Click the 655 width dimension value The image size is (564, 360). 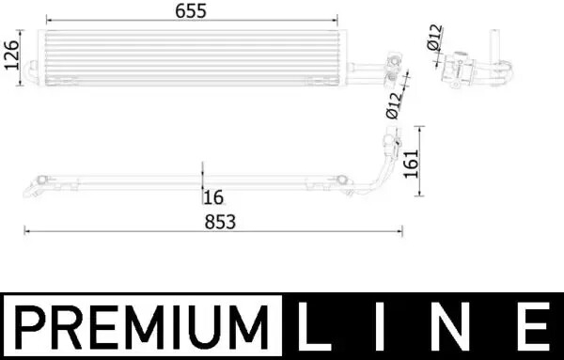click(x=191, y=11)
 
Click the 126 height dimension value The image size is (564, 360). click(x=11, y=55)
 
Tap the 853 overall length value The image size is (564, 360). click(x=220, y=222)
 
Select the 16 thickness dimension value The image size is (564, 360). click(x=213, y=197)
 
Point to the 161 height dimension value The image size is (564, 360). click(x=411, y=164)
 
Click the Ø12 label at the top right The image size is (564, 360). click(x=434, y=37)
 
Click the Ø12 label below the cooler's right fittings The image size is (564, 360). click(x=394, y=105)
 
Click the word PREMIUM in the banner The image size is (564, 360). click(x=142, y=326)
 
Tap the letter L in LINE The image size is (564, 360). click(x=314, y=326)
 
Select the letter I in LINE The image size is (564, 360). click(x=380, y=326)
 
